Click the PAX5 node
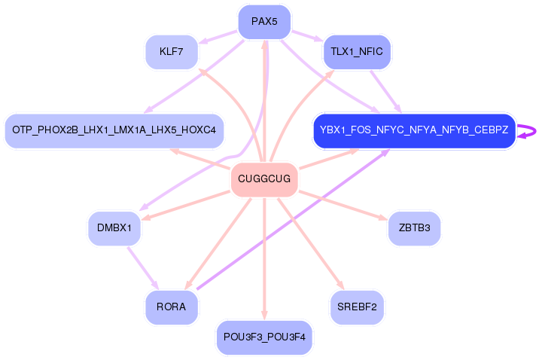[264, 22]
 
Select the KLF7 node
[171, 52]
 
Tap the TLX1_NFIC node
[357, 52]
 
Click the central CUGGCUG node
[264, 179]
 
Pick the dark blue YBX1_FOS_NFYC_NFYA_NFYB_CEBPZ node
[413, 130]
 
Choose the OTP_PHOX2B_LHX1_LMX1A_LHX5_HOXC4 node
[114, 130]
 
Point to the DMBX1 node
[114, 227]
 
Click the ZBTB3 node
[414, 228]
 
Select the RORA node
[171, 307]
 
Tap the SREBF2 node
[357, 307]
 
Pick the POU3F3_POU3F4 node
[264, 337]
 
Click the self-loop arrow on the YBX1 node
[530, 131]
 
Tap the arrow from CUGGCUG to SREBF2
[312, 244]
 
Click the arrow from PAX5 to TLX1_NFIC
[306, 35]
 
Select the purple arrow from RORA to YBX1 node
[294, 218]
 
